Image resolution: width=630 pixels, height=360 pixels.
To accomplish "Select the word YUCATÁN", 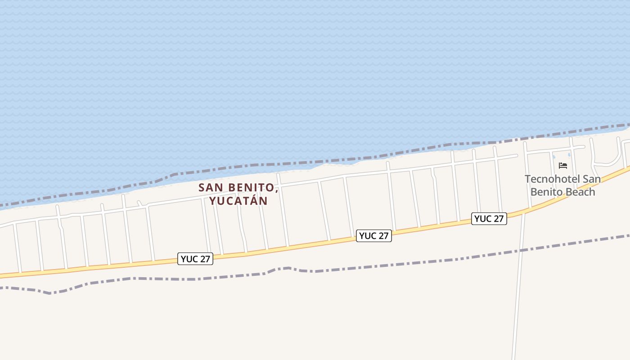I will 238,201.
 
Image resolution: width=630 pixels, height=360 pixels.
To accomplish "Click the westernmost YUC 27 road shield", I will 195,259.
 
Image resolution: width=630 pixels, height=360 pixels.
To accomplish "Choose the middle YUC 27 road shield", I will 374,236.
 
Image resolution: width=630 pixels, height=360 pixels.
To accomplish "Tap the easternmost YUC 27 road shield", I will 489,219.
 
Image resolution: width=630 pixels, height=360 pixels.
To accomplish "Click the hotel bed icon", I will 562,166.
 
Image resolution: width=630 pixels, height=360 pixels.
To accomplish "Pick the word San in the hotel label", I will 592,179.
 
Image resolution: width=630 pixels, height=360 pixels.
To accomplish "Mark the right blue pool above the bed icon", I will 569,155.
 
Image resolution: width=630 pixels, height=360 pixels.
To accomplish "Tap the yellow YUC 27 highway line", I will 292,246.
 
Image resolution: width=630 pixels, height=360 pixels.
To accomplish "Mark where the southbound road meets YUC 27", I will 523,213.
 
